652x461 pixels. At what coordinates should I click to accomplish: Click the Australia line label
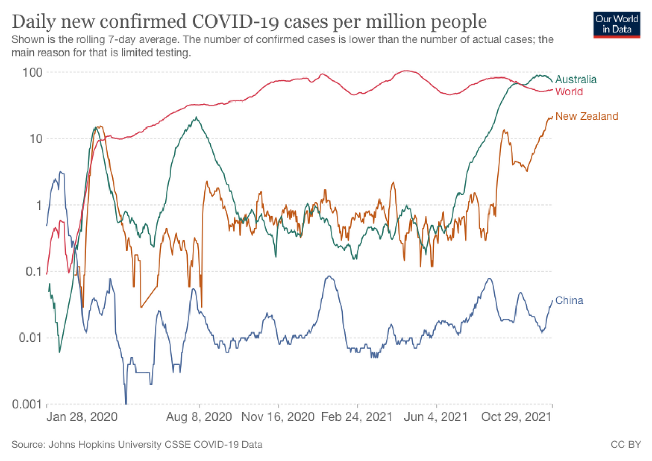[576, 80]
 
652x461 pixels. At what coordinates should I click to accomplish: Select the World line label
[569, 92]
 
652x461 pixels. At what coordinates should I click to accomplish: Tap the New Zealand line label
[587, 116]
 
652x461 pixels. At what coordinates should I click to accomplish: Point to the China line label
[569, 300]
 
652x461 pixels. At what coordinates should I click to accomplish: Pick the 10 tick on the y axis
[36, 139]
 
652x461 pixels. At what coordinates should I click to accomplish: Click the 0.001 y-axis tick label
[27, 404]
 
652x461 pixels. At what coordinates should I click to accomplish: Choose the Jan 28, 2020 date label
[81, 417]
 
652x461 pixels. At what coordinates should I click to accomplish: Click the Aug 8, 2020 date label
[199, 417]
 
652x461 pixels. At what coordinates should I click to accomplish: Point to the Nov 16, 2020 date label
[278, 417]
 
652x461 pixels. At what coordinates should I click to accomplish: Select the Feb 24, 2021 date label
[358, 417]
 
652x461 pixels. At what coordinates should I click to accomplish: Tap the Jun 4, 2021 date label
[436, 417]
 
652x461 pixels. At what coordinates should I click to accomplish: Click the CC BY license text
[626, 445]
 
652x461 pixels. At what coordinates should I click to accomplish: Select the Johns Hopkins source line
[137, 445]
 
